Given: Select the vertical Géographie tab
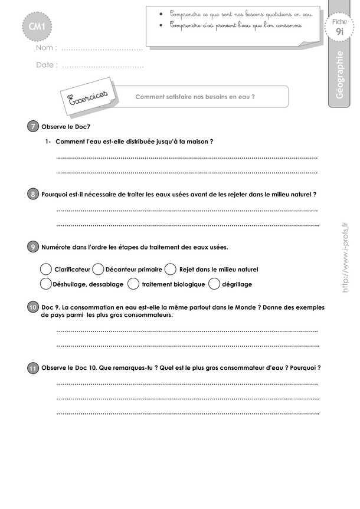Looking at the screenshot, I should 339,76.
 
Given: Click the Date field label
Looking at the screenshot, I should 47,65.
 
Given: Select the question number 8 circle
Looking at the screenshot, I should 33,194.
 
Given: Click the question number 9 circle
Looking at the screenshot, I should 33,247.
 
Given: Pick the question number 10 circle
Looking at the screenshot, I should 33,307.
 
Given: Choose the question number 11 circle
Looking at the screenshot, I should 33,368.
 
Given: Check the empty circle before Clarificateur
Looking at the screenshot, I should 45,269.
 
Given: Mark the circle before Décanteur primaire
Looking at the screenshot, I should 99,269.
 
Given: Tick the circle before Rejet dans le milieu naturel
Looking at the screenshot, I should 171,269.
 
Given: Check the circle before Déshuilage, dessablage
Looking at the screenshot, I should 45,284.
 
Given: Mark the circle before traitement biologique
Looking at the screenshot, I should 133,284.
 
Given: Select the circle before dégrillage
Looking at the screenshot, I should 214,284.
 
